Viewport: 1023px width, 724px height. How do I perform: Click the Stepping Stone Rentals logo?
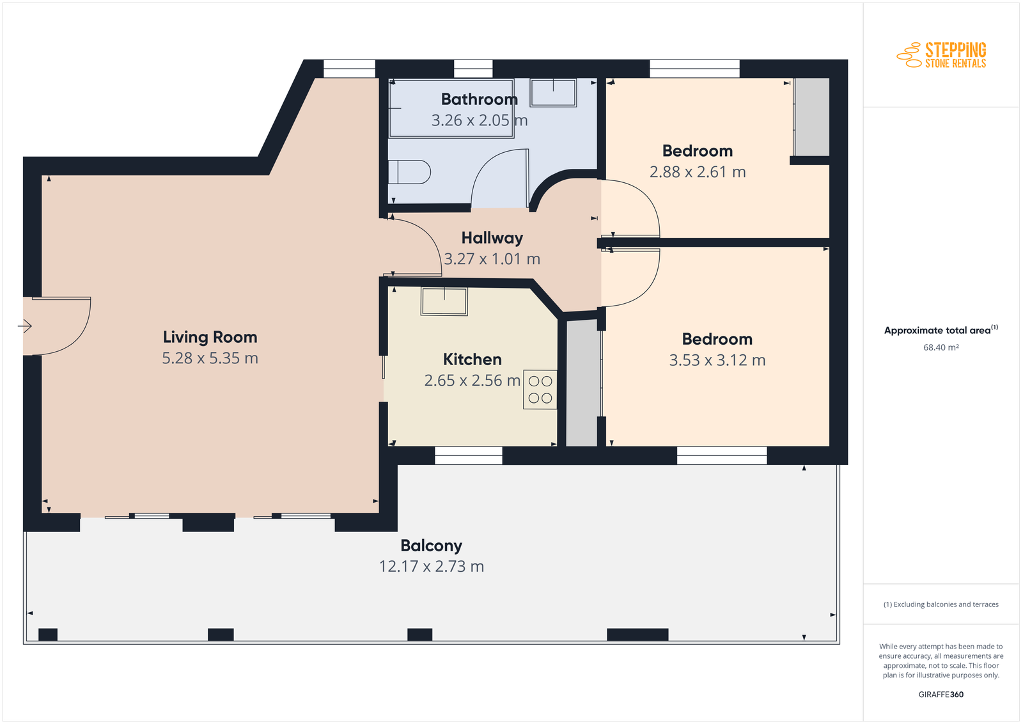(941, 55)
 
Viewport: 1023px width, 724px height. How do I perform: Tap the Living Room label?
(210, 337)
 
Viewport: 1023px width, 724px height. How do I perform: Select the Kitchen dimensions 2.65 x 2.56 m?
(472, 381)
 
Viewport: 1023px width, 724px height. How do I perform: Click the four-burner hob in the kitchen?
(540, 389)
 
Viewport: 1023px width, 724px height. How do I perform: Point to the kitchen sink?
(444, 301)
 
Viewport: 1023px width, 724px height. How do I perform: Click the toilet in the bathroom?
(409, 172)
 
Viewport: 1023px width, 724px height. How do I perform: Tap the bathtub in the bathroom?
(451, 108)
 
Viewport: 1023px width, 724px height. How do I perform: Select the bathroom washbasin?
(553, 93)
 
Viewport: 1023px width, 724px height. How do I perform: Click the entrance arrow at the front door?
(25, 326)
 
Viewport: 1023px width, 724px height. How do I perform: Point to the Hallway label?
(492, 238)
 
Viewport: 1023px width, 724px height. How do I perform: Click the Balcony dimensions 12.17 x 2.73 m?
(431, 567)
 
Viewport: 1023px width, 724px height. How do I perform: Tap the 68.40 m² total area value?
(941, 347)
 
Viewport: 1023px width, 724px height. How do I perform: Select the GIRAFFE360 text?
(941, 695)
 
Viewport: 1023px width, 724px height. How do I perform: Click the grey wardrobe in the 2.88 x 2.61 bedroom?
(811, 117)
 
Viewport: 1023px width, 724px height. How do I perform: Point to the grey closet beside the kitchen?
(582, 382)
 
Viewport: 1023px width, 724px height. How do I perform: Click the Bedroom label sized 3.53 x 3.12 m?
(717, 339)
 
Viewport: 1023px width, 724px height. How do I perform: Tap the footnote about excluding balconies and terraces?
(941, 604)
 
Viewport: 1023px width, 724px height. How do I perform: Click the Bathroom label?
(479, 99)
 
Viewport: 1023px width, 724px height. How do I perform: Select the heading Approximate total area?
(941, 330)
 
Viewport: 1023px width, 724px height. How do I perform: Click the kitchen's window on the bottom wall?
(469, 455)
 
